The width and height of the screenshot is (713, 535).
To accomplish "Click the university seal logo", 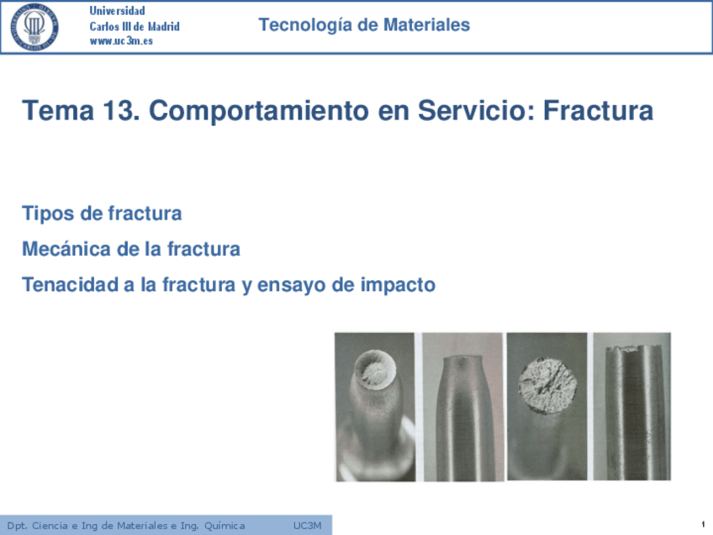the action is coord(34,27).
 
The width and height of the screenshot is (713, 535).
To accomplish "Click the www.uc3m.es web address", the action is coord(121,41).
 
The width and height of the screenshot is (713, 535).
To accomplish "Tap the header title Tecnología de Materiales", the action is coord(364,24).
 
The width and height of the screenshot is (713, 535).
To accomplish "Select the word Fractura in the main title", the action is coord(599,110).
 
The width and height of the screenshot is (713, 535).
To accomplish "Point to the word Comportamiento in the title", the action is coord(259,111).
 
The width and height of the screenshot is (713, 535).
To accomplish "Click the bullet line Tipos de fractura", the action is coord(102,214).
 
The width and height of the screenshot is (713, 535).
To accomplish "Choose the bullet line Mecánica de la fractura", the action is coord(131,249).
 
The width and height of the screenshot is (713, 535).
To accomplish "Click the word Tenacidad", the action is coord(71,285).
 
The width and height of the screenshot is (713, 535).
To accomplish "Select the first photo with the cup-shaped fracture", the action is coord(375,406).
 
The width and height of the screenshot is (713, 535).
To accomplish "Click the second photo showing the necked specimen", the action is coord(462,406).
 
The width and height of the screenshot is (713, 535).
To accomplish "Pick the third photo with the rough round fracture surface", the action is coord(547,406).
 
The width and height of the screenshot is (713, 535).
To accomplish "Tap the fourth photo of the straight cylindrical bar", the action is coord(631,406).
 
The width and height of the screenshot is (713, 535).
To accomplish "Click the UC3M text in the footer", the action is coord(308,526).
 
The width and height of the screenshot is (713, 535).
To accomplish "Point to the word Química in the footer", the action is coord(224,527).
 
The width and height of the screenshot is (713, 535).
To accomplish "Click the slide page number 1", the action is coord(703,525).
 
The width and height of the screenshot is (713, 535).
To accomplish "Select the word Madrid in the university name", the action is coord(164,26).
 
